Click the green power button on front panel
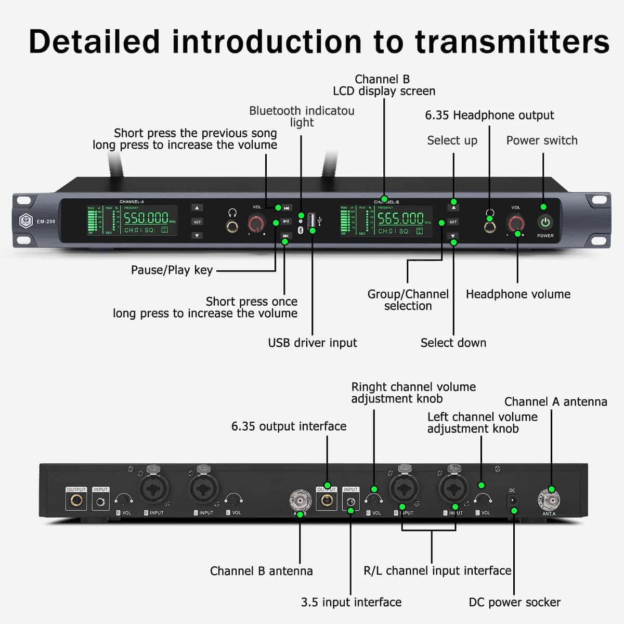pyautogui.click(x=545, y=223)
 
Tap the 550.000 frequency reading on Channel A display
pyautogui.click(x=146, y=218)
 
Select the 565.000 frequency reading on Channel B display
pyautogui.click(x=400, y=218)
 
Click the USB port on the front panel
pyautogui.click(x=312, y=220)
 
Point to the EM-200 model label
pyautogui.click(x=46, y=222)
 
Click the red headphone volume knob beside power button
pyautogui.click(x=516, y=223)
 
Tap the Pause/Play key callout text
pyautogui.click(x=172, y=270)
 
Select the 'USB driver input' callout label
pyautogui.click(x=312, y=343)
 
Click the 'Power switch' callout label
pyautogui.click(x=541, y=140)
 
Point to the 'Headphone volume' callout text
pyautogui.click(x=518, y=294)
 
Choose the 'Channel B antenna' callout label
pyautogui.click(x=261, y=571)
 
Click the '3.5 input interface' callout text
pyautogui.click(x=351, y=602)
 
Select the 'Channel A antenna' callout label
pyautogui.click(x=555, y=401)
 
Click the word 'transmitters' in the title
pyautogui.click(x=512, y=41)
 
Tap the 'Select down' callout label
pyautogui.click(x=453, y=343)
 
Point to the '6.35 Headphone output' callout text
pyautogui.click(x=489, y=115)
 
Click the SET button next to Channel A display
pyautogui.click(x=197, y=222)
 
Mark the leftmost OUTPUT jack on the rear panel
pyautogui.click(x=76, y=501)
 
